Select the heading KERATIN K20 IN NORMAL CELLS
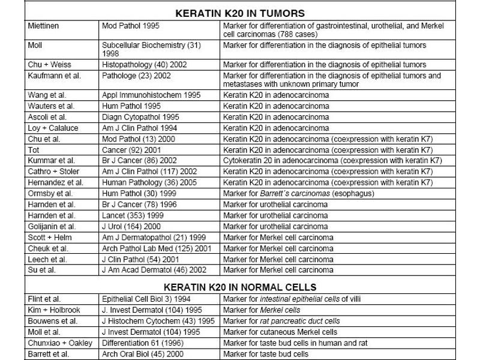click(239, 286)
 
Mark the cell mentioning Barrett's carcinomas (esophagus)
click(299, 193)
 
